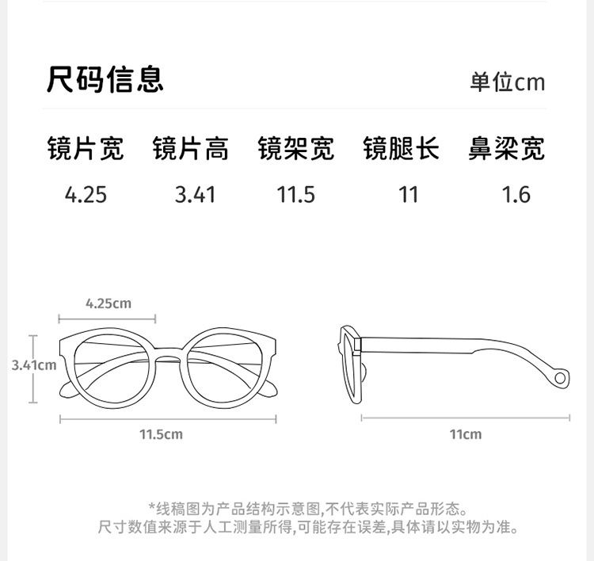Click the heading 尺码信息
pyautogui.click(x=105, y=80)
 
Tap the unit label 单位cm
pyautogui.click(x=507, y=82)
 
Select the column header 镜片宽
pyautogui.click(x=86, y=149)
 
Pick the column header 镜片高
pyautogui.click(x=191, y=149)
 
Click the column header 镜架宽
pyautogui.click(x=296, y=149)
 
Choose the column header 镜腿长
pyautogui.click(x=402, y=149)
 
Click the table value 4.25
pyautogui.click(x=86, y=194)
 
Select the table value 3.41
pyautogui.click(x=195, y=194)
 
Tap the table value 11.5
pyautogui.click(x=296, y=194)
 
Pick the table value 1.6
pyautogui.click(x=516, y=194)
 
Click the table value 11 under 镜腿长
pyautogui.click(x=408, y=194)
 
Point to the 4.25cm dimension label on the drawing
pyautogui.click(x=108, y=303)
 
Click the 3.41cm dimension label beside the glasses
pyautogui.click(x=34, y=365)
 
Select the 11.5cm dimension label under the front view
pyautogui.click(x=161, y=434)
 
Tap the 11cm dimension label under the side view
pyautogui.click(x=466, y=434)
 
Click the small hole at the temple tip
pyautogui.click(x=561, y=377)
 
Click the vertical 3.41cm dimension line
pyautogui.click(x=34, y=349)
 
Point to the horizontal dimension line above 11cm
pyautogui.click(x=466, y=417)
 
